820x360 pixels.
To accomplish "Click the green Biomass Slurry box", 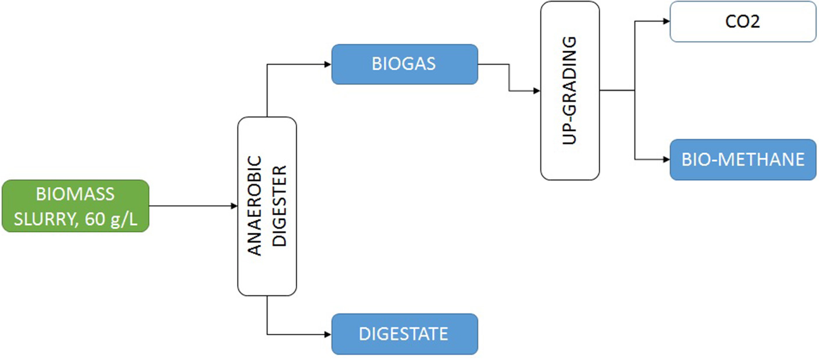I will (75, 206).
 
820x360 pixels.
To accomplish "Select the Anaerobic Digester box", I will (267, 206).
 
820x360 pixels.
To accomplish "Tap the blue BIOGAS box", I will (404, 63).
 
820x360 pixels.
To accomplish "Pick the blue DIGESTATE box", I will (404, 334).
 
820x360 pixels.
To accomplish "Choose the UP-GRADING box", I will (570, 90).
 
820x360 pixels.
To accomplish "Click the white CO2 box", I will (743, 22).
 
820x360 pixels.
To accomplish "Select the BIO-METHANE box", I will (743, 159).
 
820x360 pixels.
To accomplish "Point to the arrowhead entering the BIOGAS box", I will (328, 64).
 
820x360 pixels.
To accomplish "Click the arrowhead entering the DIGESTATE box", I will (328, 334).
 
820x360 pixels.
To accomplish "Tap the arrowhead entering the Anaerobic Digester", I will (234, 206).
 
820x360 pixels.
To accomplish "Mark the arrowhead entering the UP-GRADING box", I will (537, 91).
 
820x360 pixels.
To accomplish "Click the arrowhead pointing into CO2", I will (666, 22).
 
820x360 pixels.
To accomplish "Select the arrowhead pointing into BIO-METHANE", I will (666, 159).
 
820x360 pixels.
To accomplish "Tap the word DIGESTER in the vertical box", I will (280, 206).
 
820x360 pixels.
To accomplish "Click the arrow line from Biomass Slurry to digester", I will (192, 206).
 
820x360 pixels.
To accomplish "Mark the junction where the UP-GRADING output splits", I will (634, 91).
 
